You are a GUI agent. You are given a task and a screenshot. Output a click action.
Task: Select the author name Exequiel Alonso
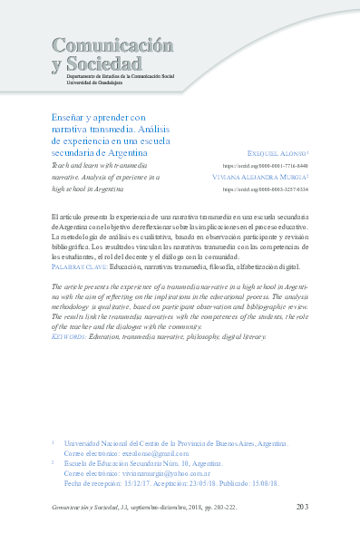point(277,155)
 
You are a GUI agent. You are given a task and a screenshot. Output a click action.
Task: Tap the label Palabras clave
point(80,267)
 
